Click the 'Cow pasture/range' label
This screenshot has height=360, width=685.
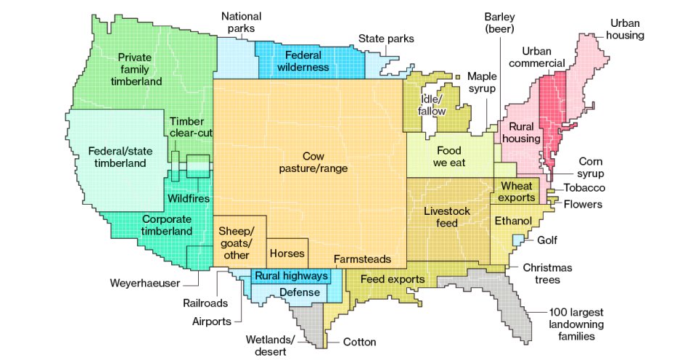coord(313,162)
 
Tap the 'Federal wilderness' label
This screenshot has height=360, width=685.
coord(303,61)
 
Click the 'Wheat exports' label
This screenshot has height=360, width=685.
coord(517,192)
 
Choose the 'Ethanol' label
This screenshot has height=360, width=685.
coord(513,221)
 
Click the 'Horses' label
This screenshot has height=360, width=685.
coord(287,254)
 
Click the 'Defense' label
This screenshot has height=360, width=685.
coord(300,292)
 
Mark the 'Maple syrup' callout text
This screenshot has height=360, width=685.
coord(482,82)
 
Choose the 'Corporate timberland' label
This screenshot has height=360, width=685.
coord(167,225)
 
